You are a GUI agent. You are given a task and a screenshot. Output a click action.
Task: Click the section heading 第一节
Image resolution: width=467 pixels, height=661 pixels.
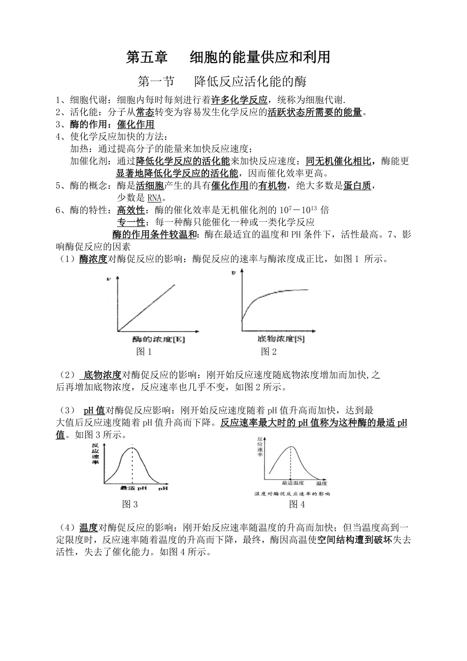click(156, 82)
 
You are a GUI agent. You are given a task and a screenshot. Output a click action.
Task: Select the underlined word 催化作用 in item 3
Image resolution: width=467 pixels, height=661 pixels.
click(136, 124)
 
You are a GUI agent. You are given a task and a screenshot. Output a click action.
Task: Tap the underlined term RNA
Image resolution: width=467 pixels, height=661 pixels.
click(154, 197)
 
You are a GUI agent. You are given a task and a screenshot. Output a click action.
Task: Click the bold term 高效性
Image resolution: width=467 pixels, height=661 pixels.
click(130, 210)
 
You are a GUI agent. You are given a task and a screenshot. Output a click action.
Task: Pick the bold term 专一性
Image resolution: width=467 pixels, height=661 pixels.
click(131, 222)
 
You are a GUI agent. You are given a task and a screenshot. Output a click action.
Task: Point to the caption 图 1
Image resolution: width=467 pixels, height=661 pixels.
click(144, 351)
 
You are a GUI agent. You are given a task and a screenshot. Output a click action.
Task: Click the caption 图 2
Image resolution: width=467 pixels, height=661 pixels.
click(269, 351)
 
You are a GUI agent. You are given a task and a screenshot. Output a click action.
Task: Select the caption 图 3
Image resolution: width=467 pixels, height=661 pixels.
click(130, 504)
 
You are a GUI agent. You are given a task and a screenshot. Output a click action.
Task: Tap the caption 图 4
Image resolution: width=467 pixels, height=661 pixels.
click(297, 504)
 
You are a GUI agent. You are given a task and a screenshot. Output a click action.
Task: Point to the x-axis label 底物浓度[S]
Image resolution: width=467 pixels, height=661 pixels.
click(281, 339)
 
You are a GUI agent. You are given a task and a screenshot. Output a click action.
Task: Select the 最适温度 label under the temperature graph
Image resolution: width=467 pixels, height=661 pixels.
click(292, 483)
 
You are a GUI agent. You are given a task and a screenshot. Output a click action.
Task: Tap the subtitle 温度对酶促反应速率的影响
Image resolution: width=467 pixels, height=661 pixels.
click(292, 493)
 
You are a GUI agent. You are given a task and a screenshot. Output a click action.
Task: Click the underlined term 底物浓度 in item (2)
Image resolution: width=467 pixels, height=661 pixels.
click(102, 375)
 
